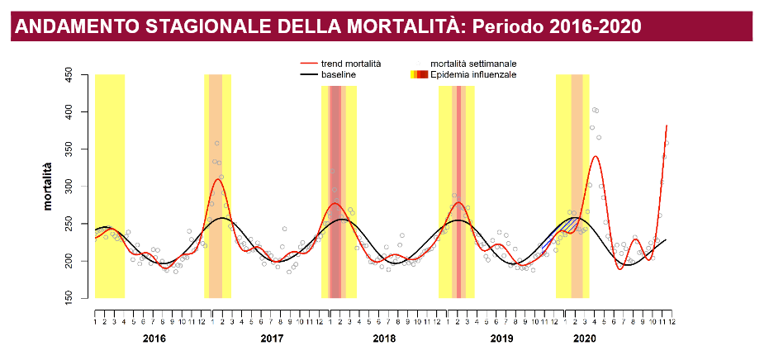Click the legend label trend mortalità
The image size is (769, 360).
click(x=351, y=63)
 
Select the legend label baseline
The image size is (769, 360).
click(x=339, y=74)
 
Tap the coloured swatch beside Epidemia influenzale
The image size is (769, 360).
click(x=419, y=74)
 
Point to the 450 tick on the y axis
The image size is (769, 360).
click(x=69, y=75)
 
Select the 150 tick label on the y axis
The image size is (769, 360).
click(x=69, y=298)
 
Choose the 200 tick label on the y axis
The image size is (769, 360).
click(x=69, y=261)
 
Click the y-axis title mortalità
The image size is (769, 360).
click(x=49, y=187)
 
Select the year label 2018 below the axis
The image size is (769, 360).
click(x=384, y=339)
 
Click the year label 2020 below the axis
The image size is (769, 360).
click(x=584, y=339)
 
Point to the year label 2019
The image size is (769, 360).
click(x=501, y=339)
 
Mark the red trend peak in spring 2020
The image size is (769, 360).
click(x=595, y=156)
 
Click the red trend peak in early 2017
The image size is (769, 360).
click(x=217, y=179)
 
